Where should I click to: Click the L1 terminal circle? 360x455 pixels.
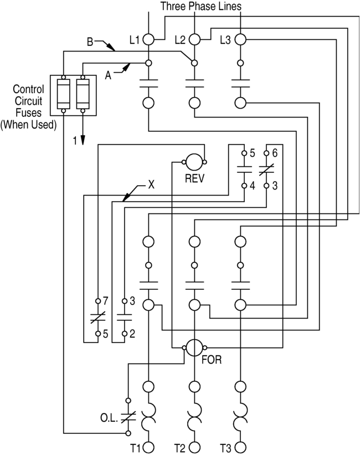pos(149,39)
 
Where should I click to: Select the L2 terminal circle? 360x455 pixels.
pos(194,39)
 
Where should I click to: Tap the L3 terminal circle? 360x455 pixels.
pos(240,39)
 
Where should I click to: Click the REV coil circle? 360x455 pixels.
pos(194,162)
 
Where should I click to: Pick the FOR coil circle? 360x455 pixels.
pos(194,348)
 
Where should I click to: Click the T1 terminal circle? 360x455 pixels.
pos(149,447)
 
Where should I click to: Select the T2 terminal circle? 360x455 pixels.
pos(194,447)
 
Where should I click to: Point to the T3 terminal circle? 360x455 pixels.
pos(240,447)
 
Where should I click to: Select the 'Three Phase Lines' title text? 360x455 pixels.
pos(201,7)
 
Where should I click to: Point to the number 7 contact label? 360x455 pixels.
pos(105,301)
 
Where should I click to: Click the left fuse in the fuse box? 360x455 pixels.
pos(64,94)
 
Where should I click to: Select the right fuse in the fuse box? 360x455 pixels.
pos(83,94)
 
